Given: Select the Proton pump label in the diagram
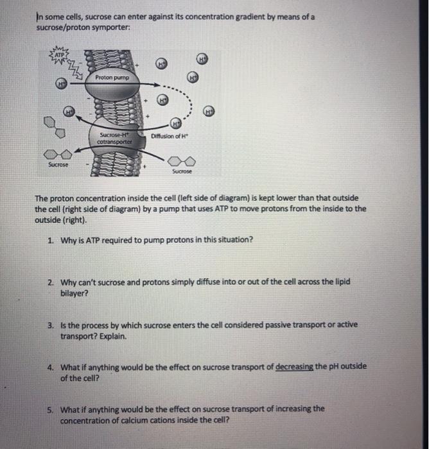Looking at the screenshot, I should pos(112,78).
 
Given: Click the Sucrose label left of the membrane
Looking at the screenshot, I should pos(58,165).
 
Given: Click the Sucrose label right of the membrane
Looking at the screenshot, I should pos(182,172).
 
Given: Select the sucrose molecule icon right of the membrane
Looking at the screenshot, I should pos(183,161).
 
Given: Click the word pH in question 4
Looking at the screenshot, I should pos(329,366).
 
